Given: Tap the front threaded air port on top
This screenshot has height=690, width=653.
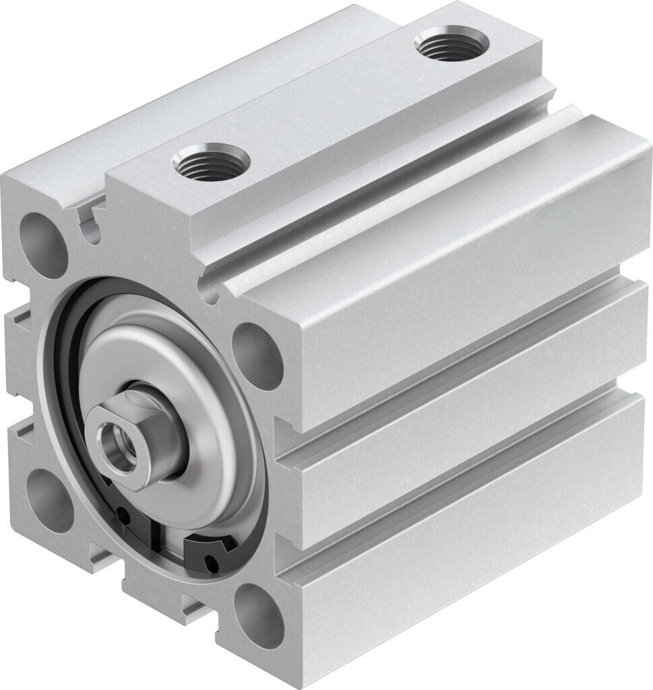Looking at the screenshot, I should click(211, 162).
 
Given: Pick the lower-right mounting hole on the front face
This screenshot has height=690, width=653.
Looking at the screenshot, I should click(257, 614).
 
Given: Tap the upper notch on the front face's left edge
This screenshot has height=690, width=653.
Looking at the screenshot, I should click(19, 317).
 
